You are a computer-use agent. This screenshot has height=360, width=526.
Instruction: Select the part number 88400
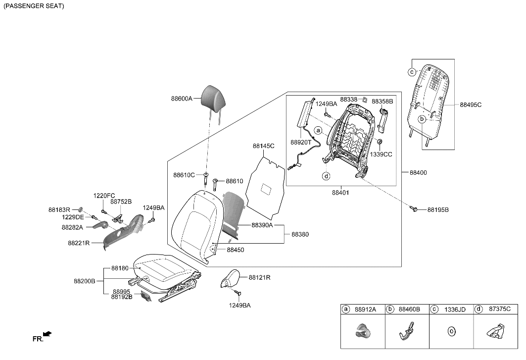point(418,173)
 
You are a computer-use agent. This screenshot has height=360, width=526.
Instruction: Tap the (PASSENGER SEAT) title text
point(34,6)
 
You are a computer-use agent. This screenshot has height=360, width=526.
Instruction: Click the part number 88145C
point(263,146)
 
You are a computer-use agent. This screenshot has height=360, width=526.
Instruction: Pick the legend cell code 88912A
point(366,309)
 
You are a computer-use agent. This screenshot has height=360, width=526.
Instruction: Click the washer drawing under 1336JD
point(451,331)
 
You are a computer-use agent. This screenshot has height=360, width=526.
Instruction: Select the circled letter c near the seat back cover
point(412,72)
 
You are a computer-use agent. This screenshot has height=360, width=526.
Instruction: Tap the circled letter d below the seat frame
point(327,176)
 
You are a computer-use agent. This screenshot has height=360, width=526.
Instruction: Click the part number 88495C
point(470,105)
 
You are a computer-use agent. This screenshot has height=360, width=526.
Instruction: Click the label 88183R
point(59,210)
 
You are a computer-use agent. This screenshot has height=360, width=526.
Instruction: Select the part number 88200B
point(85,281)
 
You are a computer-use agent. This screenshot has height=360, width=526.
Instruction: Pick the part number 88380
point(300,234)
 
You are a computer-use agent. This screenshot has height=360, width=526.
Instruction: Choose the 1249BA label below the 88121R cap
point(239,306)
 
